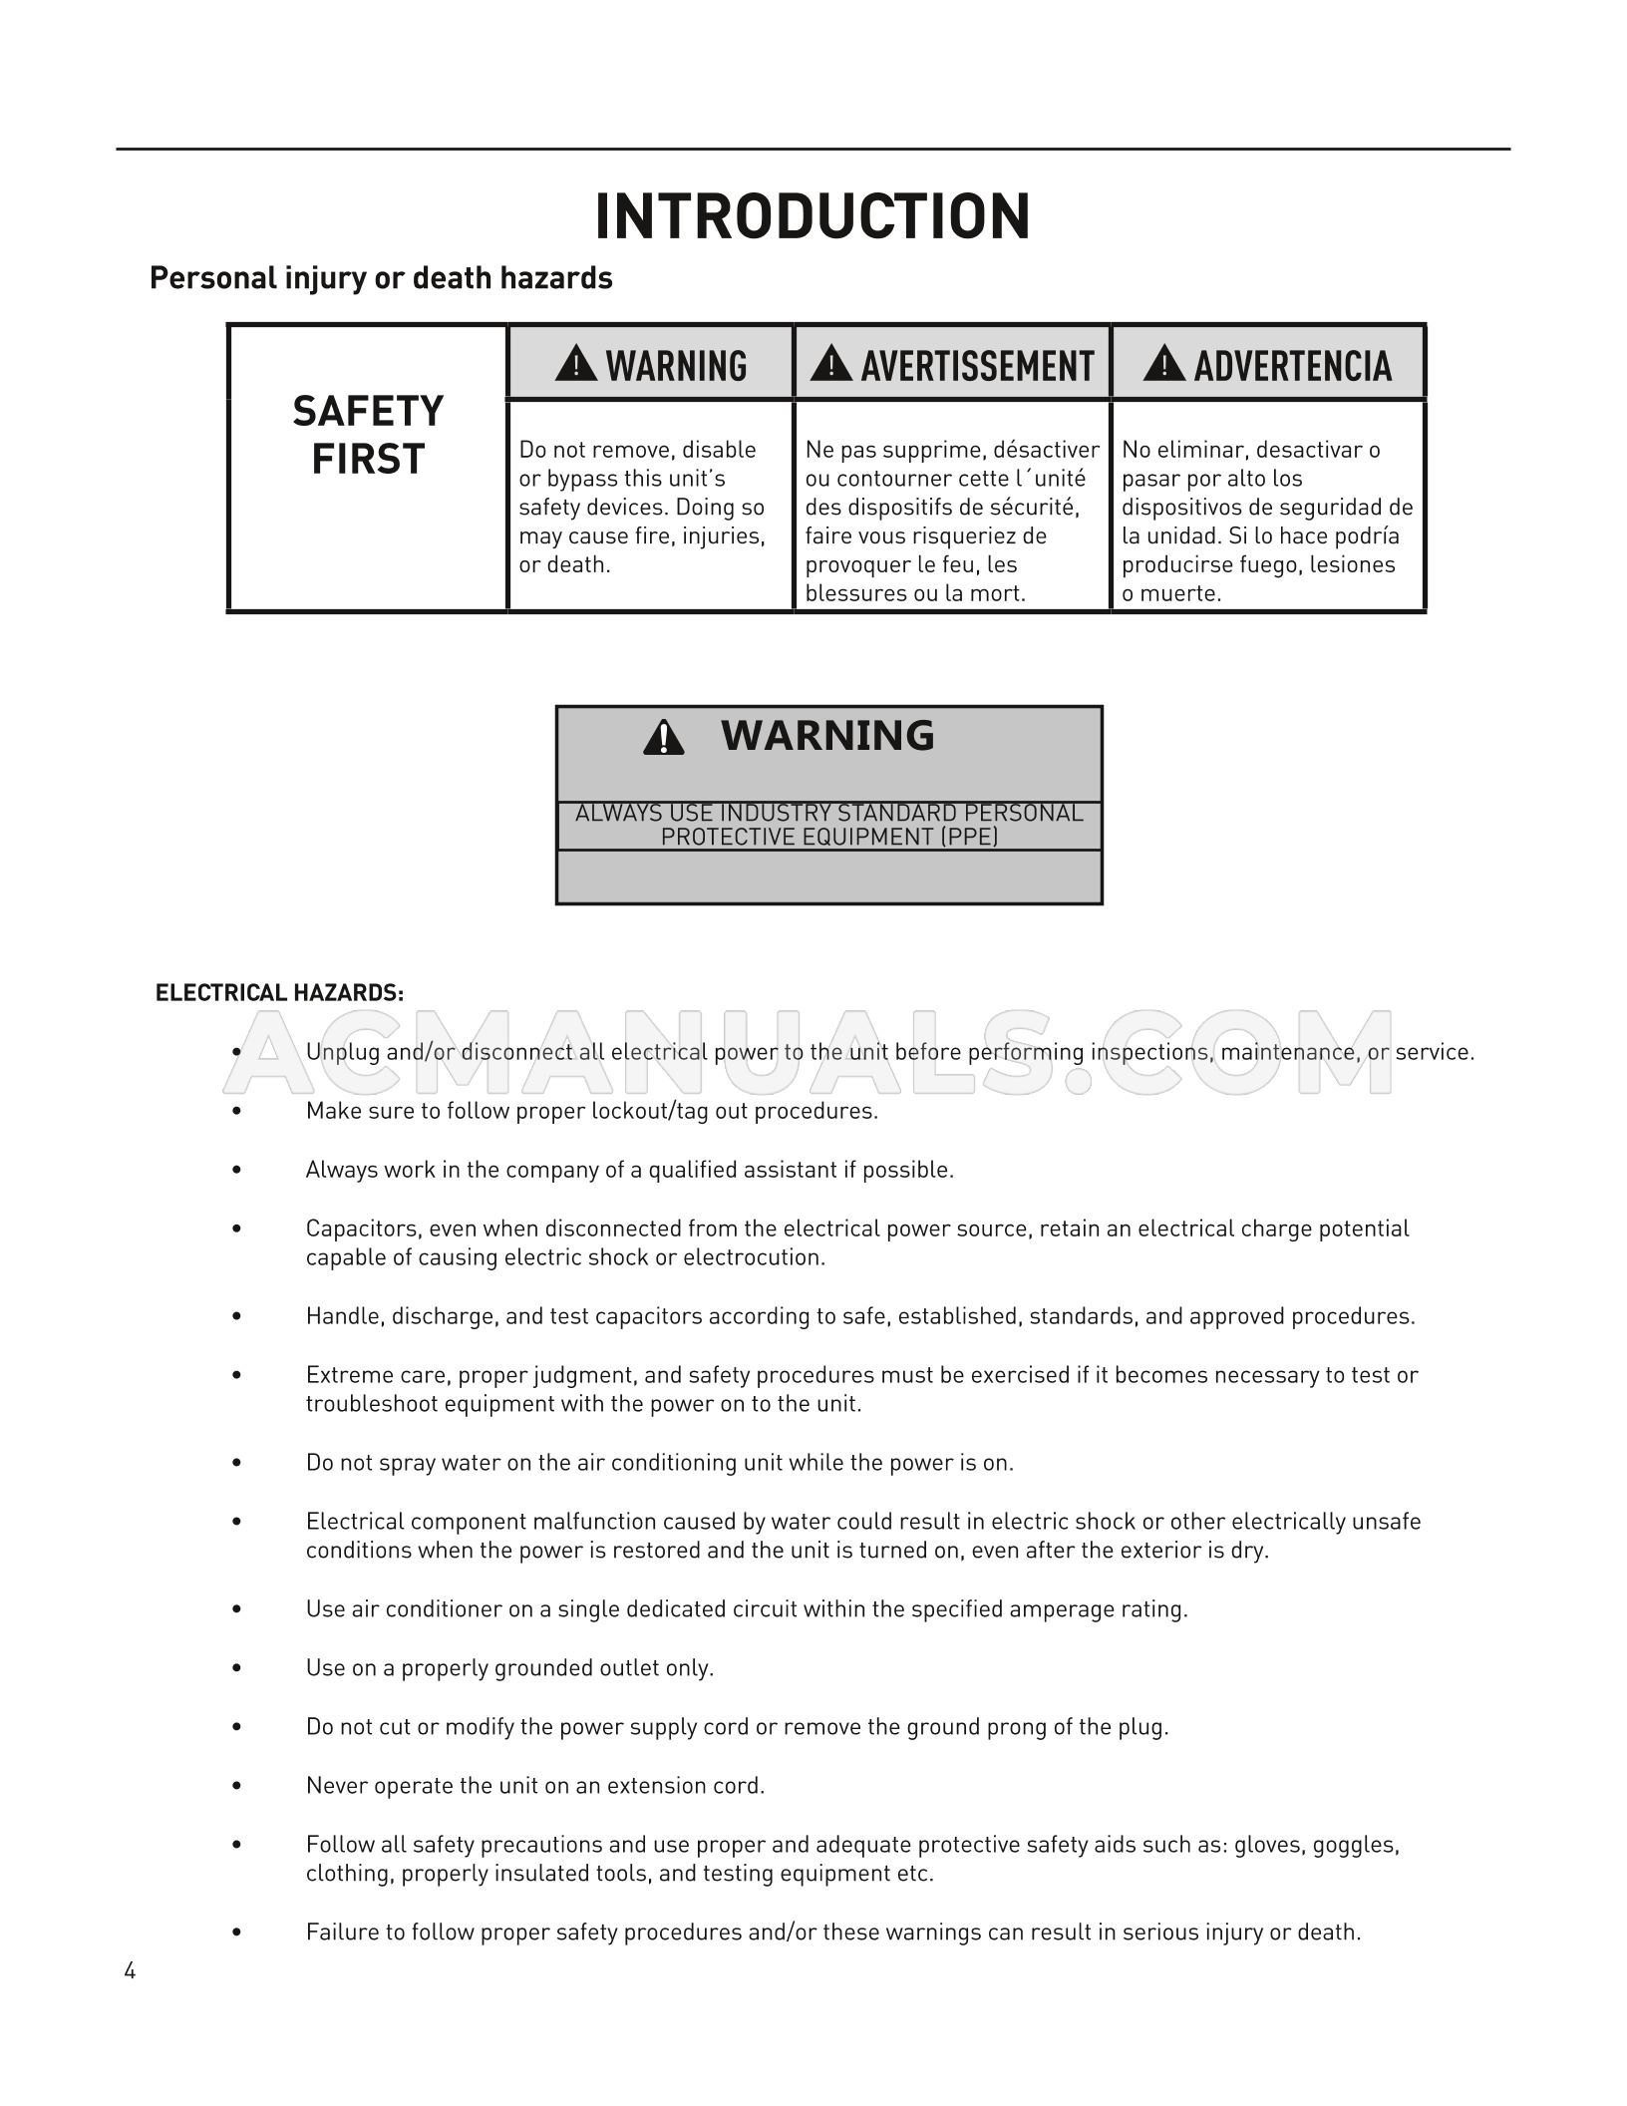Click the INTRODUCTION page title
(x=813, y=216)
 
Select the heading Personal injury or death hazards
(x=381, y=278)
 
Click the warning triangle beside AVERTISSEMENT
(x=830, y=364)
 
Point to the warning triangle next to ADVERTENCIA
(x=1163, y=364)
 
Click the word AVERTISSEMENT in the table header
(x=977, y=366)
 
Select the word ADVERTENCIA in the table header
(x=1292, y=366)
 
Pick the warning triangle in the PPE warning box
(x=663, y=738)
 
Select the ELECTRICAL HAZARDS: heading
(x=279, y=993)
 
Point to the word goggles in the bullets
(x=1355, y=1845)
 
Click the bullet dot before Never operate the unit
(x=236, y=1786)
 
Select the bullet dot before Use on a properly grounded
(x=236, y=1668)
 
